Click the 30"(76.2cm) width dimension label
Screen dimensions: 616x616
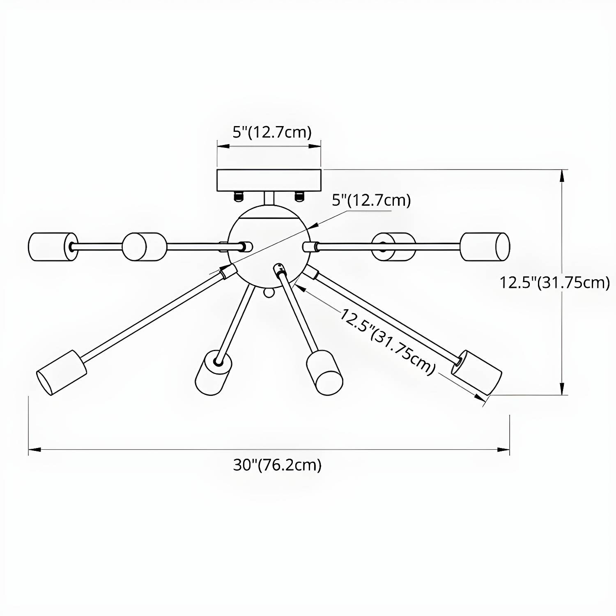click(x=277, y=465)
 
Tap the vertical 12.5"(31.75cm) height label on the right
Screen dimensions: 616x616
click(x=554, y=283)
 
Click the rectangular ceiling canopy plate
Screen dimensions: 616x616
click(x=269, y=180)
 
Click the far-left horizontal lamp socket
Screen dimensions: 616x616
click(x=53, y=246)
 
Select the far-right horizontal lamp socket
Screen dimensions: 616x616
click(x=485, y=246)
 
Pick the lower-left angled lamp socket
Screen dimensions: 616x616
click(x=62, y=373)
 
